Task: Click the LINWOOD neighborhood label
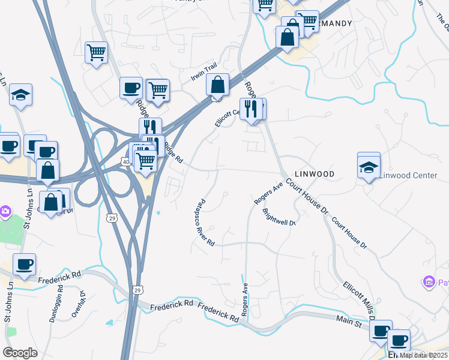[315, 173]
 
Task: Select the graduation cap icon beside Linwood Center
[369, 167]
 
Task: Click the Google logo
[20, 353]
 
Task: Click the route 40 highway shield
[124, 161]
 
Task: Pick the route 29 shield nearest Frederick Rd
[137, 290]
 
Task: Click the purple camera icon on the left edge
[4, 211]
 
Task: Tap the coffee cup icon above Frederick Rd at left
[24, 264]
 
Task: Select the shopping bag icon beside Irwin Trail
[217, 85]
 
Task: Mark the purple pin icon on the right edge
[429, 281]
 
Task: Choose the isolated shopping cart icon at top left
[96, 53]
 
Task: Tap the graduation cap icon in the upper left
[20, 94]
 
